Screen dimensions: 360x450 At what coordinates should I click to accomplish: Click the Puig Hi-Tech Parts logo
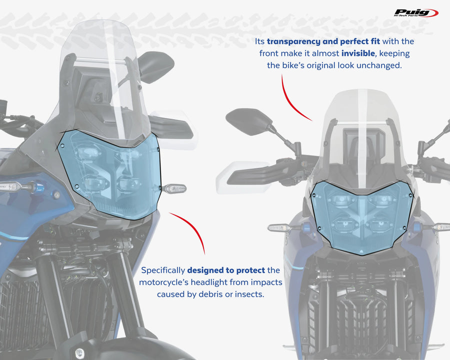(x=415, y=13)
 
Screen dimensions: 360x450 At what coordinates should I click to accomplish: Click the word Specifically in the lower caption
(x=163, y=270)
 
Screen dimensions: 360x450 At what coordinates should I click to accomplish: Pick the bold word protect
(x=253, y=270)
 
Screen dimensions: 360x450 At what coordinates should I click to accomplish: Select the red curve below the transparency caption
(x=292, y=100)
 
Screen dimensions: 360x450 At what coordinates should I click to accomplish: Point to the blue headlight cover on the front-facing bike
(x=362, y=215)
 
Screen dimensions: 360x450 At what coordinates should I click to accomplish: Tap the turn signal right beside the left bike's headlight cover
(x=174, y=189)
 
